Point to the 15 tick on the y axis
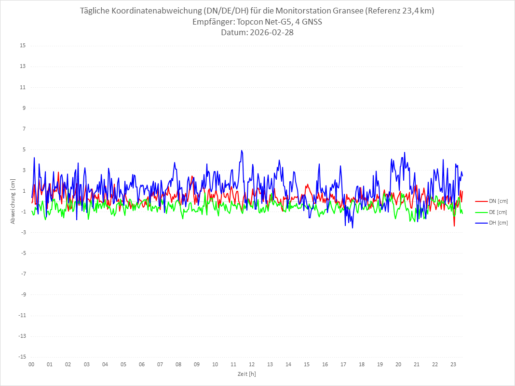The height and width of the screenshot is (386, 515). (x=23, y=46)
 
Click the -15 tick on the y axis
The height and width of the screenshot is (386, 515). (x=22, y=357)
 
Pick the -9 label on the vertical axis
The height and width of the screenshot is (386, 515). (x=23, y=294)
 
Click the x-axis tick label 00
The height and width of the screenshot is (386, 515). (x=31, y=365)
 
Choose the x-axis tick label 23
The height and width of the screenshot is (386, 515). (x=453, y=365)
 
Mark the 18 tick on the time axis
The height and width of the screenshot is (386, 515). (x=362, y=365)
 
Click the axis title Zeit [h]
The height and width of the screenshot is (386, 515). (x=246, y=374)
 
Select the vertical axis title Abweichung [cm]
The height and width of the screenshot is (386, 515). (x=13, y=201)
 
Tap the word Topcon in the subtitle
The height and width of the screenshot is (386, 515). (x=251, y=22)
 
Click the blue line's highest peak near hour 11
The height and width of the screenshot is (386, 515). (x=241, y=150)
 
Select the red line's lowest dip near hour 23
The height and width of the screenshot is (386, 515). (x=454, y=226)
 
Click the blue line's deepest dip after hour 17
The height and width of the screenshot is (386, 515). (x=352, y=227)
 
